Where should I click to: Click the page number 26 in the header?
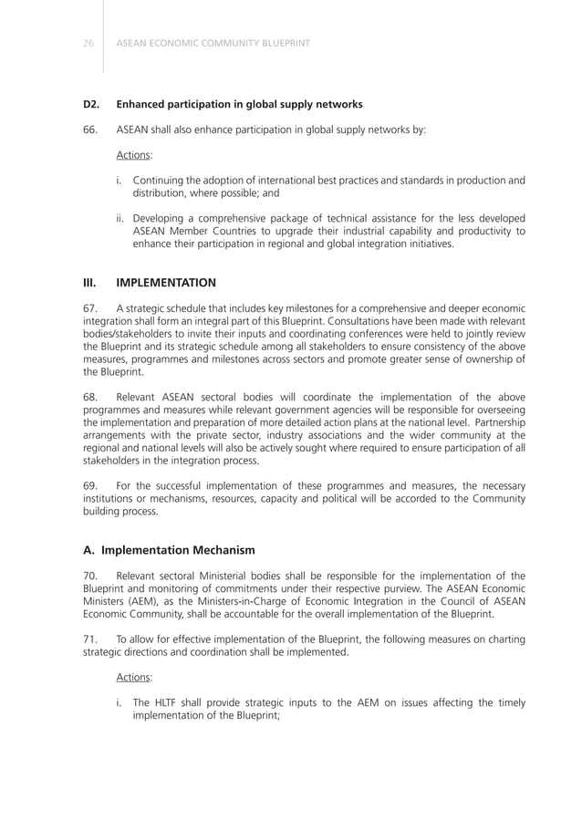pos(88,43)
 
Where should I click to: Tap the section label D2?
pos(91,104)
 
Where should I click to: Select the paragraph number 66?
pos(90,130)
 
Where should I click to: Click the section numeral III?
pos(89,283)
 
